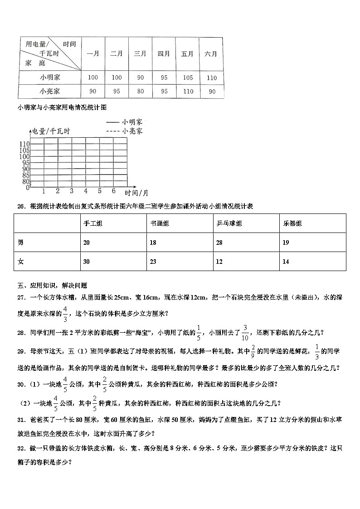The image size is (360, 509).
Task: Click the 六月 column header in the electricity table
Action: pyautogui.click(x=211, y=53)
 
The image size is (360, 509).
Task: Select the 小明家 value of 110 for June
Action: pyautogui.click(x=211, y=78)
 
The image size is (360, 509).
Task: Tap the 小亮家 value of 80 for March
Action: pyautogui.click(x=140, y=91)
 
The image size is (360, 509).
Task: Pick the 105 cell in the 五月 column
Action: pyautogui.click(x=188, y=78)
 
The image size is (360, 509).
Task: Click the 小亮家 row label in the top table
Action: pyautogui.click(x=49, y=91)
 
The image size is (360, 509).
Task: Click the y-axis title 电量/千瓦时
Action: pyautogui.click(x=51, y=131)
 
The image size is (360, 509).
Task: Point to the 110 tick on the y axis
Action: pyautogui.click(x=24, y=144)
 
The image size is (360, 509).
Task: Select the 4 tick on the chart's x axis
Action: pyautogui.click(x=86, y=190)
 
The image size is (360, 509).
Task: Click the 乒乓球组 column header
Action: pyautogui.click(x=229, y=223)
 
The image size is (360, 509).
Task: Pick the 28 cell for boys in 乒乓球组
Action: pyautogui.click(x=220, y=242)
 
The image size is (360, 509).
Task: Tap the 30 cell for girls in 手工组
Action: pyautogui.click(x=87, y=262)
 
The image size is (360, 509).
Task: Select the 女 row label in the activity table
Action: pyautogui.click(x=20, y=262)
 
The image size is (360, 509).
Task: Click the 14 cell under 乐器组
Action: pyautogui.click(x=286, y=262)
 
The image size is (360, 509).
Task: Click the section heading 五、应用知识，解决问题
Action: pyautogui.click(x=52, y=286)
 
